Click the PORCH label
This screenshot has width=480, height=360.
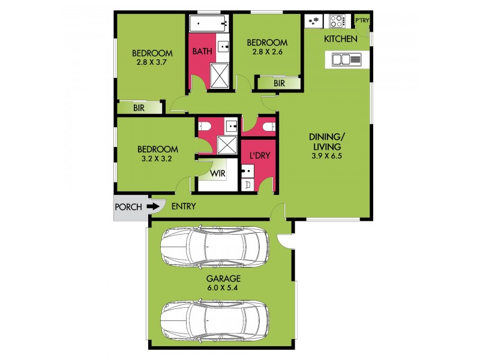(x=128, y=207)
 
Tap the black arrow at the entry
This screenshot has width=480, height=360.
(x=154, y=207)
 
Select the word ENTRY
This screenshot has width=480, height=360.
(x=184, y=207)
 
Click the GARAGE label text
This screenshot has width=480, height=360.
(x=223, y=278)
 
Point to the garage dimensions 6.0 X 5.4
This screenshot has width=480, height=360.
(x=223, y=288)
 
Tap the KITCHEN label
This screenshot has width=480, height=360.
(x=341, y=39)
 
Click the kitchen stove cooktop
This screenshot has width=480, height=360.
(x=337, y=22)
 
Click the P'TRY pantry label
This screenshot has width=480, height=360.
(x=362, y=21)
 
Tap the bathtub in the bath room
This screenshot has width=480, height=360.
(x=208, y=24)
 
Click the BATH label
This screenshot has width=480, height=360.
(x=202, y=52)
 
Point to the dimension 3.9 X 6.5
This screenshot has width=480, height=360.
(x=326, y=157)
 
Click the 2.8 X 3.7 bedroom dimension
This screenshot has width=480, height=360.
(x=152, y=62)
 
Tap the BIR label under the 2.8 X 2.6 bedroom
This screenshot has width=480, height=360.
(x=279, y=83)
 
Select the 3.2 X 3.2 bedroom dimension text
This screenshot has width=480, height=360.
(x=157, y=160)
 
